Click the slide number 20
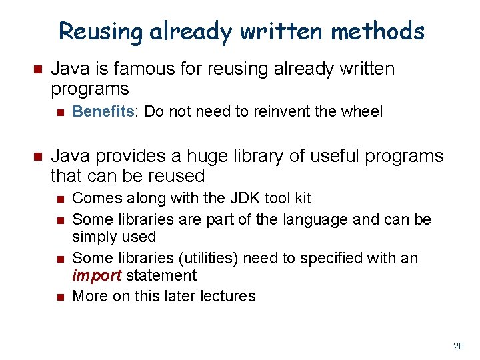[458, 346]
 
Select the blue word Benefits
[103, 111]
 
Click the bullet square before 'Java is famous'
[37, 69]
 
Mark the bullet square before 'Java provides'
[37, 157]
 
